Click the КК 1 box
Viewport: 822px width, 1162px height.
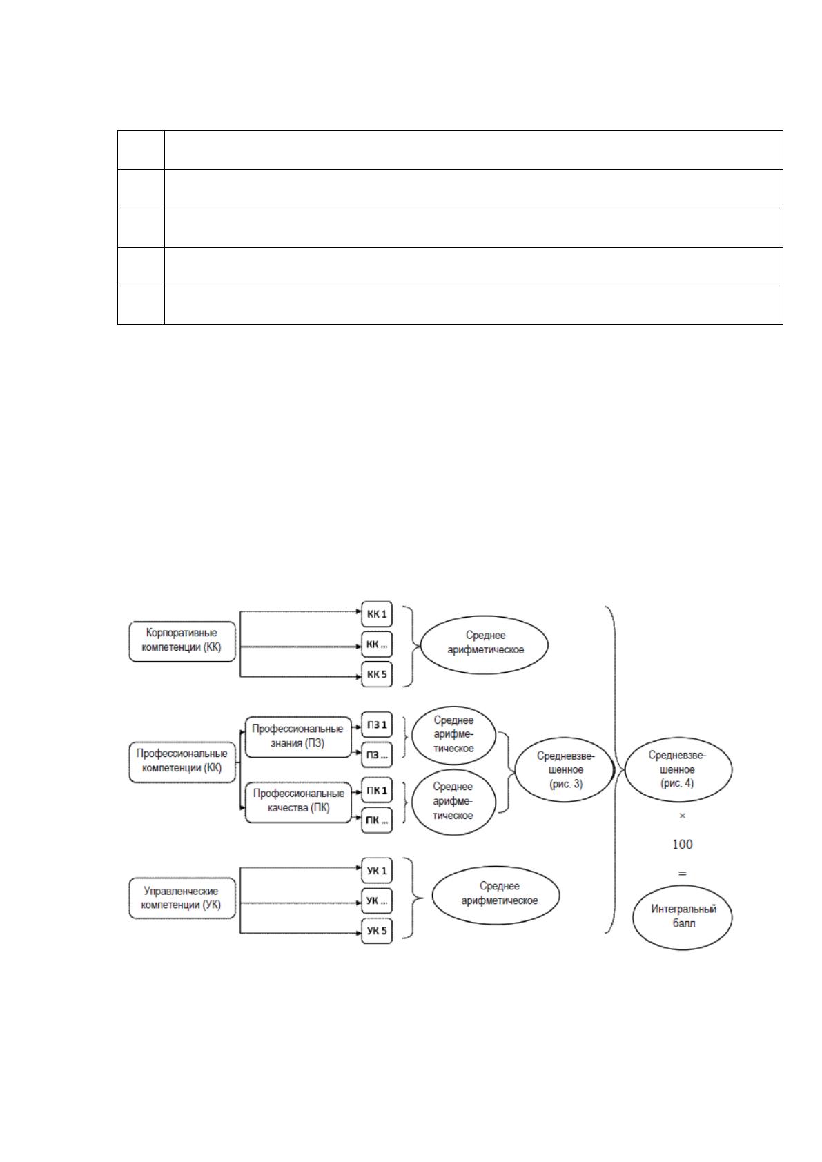(377, 614)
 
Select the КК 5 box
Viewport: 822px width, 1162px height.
(377, 674)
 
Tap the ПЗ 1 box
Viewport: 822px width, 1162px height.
(377, 725)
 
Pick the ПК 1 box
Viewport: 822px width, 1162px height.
(377, 791)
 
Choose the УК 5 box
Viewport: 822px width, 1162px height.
(377, 931)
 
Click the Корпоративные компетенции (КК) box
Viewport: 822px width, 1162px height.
(182, 642)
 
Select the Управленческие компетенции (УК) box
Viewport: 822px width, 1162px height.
(182, 898)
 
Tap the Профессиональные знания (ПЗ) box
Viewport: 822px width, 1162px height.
(298, 737)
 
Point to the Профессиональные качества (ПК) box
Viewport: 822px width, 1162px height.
(298, 802)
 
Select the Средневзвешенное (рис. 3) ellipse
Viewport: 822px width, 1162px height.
(565, 770)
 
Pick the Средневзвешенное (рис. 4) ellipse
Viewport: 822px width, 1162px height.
(678, 770)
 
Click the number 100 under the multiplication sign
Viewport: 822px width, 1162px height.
(683, 845)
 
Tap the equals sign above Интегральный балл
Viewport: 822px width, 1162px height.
(683, 874)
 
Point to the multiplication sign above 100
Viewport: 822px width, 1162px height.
(683, 816)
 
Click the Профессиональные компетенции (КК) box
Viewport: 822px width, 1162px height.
(182, 762)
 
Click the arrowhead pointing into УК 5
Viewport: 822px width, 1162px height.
(359, 933)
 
